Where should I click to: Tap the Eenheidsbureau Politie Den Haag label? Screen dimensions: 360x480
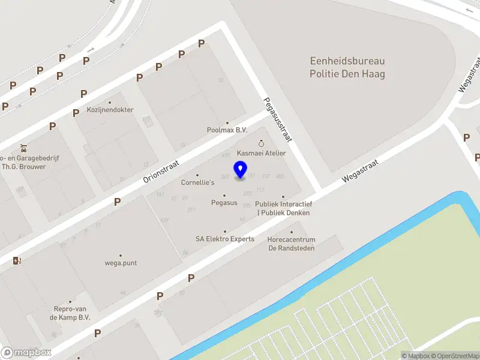[x=347, y=68]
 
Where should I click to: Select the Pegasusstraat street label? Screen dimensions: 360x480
[x=277, y=120]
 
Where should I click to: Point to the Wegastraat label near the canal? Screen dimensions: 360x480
[x=360, y=171]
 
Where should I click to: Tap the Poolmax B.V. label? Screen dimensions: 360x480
[x=227, y=130]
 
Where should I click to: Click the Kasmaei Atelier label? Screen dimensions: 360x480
[x=261, y=153]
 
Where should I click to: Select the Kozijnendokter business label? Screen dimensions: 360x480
[x=110, y=110]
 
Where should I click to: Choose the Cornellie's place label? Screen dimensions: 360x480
[x=197, y=182]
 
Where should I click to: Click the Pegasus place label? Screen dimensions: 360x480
[x=224, y=203]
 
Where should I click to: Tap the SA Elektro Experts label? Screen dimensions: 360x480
[x=225, y=239]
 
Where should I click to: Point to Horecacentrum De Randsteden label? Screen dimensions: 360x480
[x=291, y=244]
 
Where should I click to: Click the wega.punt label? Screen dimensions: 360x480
[x=121, y=263]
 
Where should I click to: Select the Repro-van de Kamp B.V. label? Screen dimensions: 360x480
[x=70, y=313]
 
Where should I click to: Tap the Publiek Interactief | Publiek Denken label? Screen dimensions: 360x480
[x=283, y=208]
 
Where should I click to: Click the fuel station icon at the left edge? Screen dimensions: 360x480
[x=17, y=260]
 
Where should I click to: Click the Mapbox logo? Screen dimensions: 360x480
[x=26, y=353]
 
